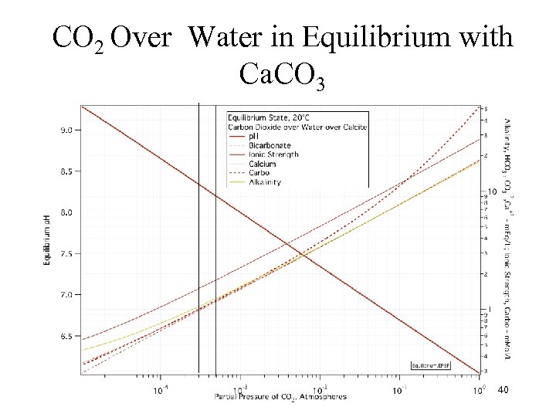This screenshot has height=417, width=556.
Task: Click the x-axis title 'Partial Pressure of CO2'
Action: click(280, 397)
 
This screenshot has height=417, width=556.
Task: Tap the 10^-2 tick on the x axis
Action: click(320, 388)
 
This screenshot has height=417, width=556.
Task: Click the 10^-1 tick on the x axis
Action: click(401, 388)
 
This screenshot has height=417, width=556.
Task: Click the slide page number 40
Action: click(503, 390)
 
